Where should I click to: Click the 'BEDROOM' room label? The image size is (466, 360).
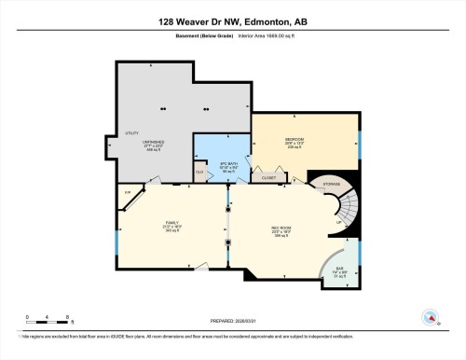point(295,139)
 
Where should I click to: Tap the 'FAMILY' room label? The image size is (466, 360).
point(171,222)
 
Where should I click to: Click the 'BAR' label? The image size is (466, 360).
point(338,269)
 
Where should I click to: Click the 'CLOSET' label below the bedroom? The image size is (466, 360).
point(268,175)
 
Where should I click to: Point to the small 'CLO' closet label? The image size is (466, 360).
point(199,171)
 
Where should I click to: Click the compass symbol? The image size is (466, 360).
point(430,316)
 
